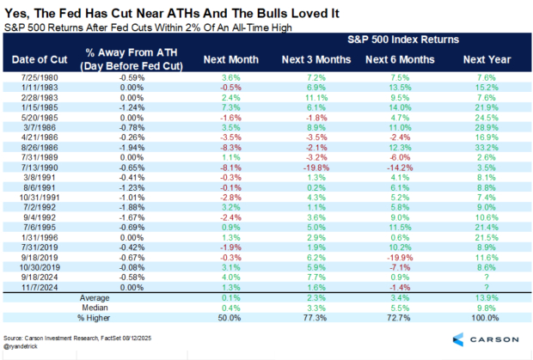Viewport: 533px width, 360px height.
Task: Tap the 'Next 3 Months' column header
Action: (310, 59)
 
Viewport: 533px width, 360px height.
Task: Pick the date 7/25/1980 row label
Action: (41, 77)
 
